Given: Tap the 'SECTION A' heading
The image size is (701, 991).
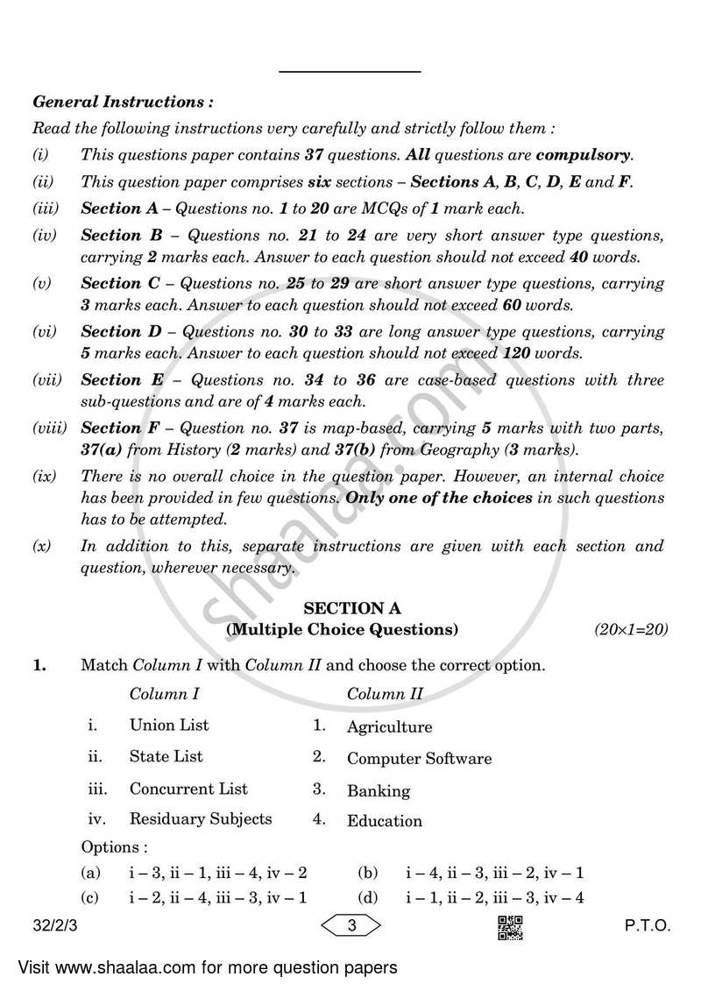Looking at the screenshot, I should (x=343, y=608).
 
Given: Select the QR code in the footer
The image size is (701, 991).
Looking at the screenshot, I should (x=510, y=927).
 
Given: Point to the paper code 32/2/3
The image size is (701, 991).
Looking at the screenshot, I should (x=53, y=926).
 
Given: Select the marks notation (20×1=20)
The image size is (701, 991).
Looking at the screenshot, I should (x=631, y=630).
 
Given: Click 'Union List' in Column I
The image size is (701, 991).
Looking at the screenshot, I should (x=169, y=726).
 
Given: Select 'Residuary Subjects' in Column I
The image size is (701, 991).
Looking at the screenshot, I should (x=201, y=819).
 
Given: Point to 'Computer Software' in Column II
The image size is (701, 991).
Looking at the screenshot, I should (x=419, y=759).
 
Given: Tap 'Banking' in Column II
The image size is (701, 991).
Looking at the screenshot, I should (x=379, y=790).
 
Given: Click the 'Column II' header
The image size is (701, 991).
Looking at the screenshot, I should (x=385, y=694).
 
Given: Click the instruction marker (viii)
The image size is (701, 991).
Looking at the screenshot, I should (x=49, y=428).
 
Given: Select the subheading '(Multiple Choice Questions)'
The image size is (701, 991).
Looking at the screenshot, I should (x=343, y=630).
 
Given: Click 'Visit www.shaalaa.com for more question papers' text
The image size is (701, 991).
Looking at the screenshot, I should (x=208, y=967).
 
